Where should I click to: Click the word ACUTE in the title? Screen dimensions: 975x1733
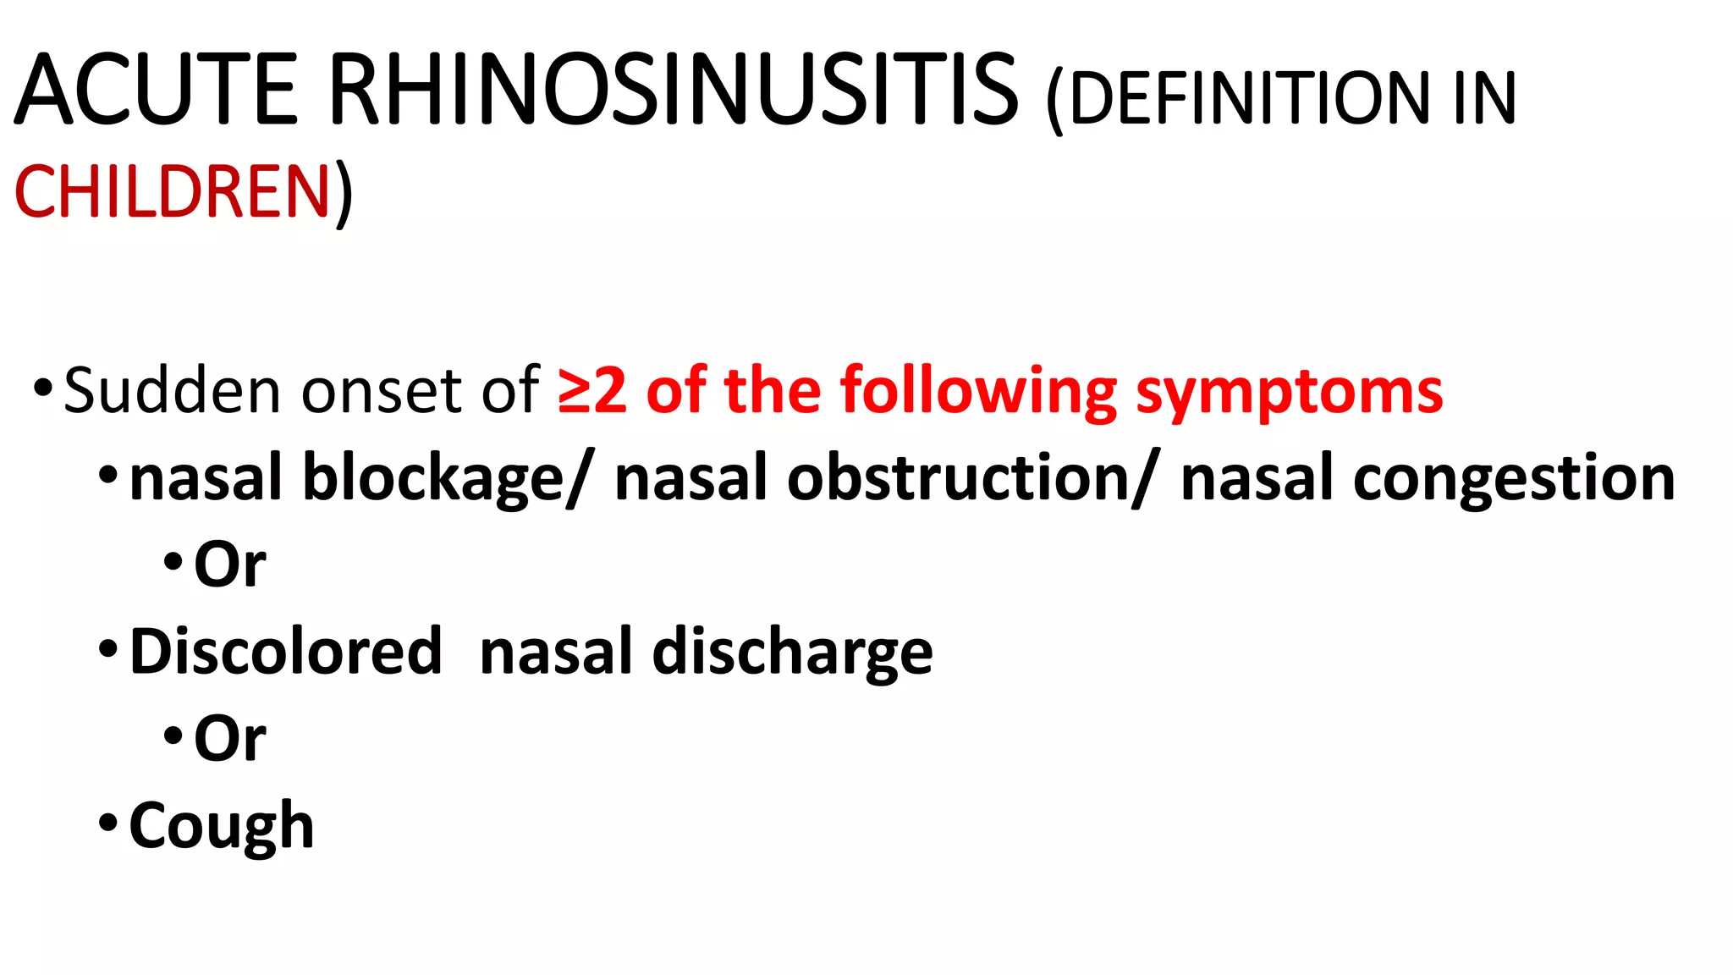157,90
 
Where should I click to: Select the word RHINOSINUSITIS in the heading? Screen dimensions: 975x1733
673,90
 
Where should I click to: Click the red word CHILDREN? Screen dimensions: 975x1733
172,191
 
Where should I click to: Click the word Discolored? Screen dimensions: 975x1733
286,651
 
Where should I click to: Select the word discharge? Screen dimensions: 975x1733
792,653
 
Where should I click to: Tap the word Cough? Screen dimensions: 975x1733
222,826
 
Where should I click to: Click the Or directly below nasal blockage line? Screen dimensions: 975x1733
229,565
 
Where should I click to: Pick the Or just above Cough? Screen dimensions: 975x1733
229,738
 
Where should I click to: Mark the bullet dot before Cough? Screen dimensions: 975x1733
107,822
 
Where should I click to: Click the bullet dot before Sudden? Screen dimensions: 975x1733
42,388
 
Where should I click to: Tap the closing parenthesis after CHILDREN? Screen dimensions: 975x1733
343,193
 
